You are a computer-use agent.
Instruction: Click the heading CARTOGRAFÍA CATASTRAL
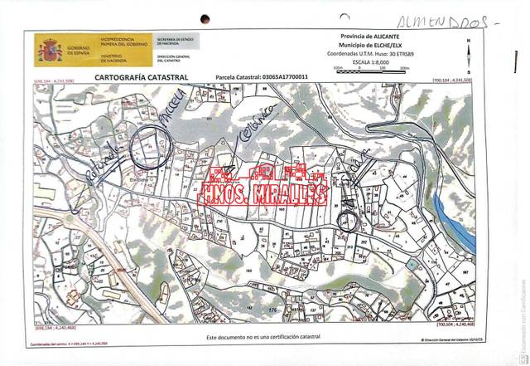click(x=142, y=77)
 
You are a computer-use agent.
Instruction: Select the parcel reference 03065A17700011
click(x=274, y=78)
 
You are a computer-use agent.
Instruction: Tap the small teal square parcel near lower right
click(x=412, y=263)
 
